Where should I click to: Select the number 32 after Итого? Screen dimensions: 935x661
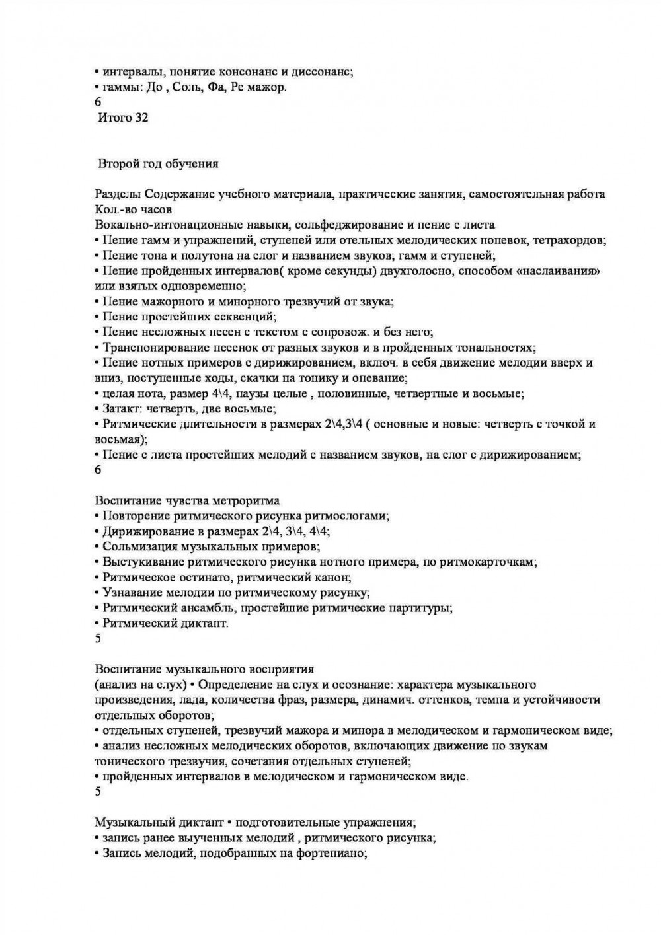[x=141, y=118]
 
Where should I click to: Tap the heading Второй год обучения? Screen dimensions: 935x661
[x=159, y=163]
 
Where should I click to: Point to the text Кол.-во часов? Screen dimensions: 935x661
[x=134, y=209]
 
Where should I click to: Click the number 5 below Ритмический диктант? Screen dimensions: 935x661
[x=98, y=638]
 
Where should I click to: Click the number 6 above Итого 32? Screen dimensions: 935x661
[x=98, y=102]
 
